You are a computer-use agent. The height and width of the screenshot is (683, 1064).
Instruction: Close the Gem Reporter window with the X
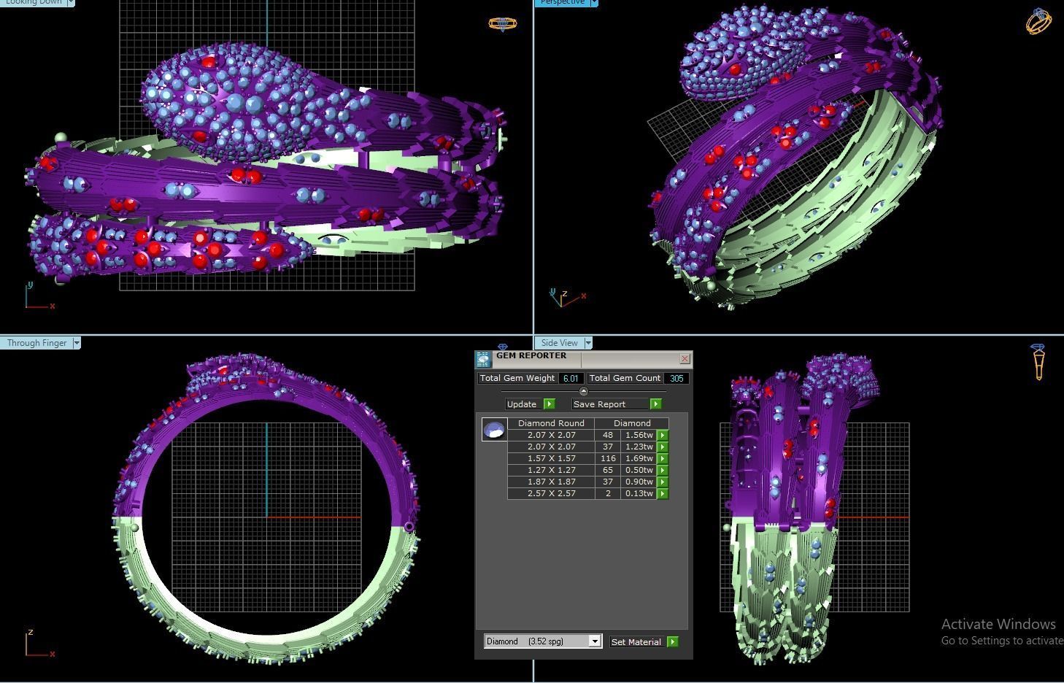pyautogui.click(x=685, y=358)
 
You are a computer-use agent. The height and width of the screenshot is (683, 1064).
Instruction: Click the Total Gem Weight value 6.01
pyautogui.click(x=571, y=378)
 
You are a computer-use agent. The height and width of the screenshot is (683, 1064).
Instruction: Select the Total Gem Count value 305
pyautogui.click(x=676, y=378)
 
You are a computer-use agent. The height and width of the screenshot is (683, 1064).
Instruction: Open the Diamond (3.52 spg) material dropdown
pyautogui.click(x=594, y=641)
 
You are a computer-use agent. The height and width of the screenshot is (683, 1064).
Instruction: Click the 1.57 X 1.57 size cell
pyautogui.click(x=551, y=458)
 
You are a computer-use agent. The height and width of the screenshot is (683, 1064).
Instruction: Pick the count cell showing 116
pyautogui.click(x=607, y=458)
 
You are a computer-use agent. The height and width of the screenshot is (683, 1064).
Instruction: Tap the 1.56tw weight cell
pyautogui.click(x=639, y=435)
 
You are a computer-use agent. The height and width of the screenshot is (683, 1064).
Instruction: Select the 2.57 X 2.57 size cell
pyautogui.click(x=551, y=493)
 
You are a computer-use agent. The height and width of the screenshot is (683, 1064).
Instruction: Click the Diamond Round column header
pyautogui.click(x=551, y=423)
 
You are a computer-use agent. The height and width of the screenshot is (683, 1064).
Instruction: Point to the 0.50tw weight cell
pyautogui.click(x=639, y=470)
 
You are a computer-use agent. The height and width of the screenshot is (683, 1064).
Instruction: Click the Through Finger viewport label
pyautogui.click(x=37, y=343)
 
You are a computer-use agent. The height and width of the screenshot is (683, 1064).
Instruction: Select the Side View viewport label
pyautogui.click(x=560, y=343)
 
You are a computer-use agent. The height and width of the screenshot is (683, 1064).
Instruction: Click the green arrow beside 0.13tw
pyautogui.click(x=663, y=494)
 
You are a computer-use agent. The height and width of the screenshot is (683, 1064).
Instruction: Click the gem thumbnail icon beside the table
pyautogui.click(x=494, y=429)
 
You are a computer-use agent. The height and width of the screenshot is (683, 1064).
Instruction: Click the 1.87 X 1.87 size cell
pyautogui.click(x=551, y=482)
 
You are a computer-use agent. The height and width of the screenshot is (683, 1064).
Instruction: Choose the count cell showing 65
pyautogui.click(x=607, y=470)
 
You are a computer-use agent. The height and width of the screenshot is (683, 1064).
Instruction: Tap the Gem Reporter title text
pyautogui.click(x=531, y=355)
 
